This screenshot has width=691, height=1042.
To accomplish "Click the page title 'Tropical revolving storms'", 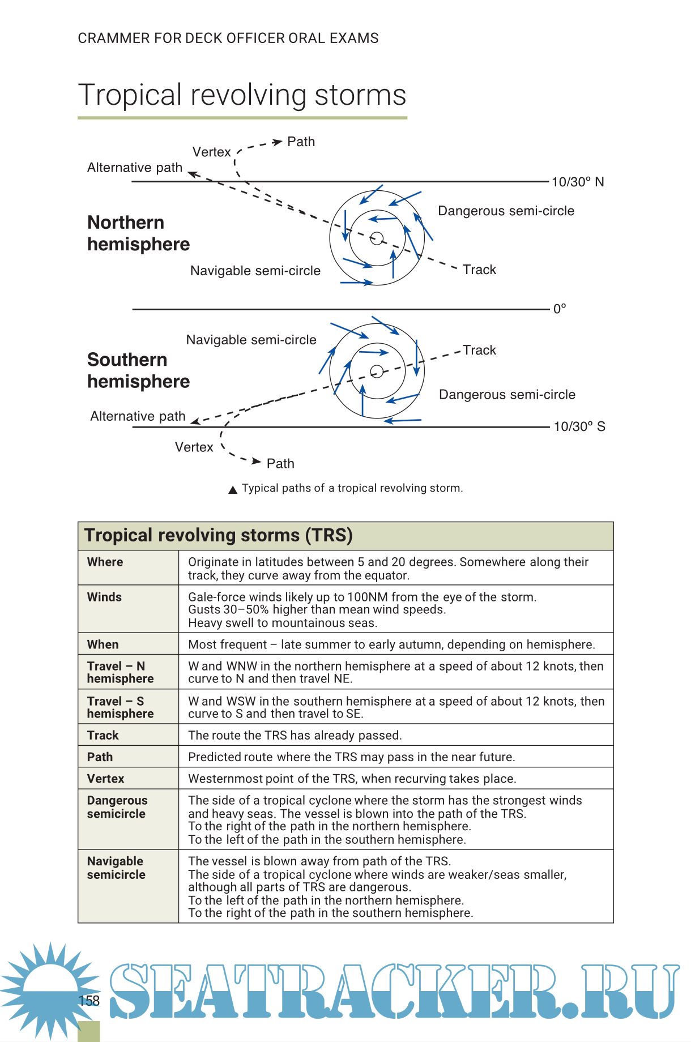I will (x=242, y=95).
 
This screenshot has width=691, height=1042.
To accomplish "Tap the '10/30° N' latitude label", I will (x=578, y=182).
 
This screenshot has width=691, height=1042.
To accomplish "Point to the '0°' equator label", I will (x=560, y=309).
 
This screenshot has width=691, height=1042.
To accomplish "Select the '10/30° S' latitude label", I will (x=579, y=426).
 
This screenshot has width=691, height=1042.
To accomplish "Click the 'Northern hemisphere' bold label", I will (x=138, y=233).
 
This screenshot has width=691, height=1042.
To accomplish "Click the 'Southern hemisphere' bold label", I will (x=138, y=370).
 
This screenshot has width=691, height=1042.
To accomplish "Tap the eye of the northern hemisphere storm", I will (x=377, y=238).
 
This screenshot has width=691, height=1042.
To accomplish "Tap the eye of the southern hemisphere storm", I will (x=377, y=371).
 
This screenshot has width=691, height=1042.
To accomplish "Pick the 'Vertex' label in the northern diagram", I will (x=212, y=152).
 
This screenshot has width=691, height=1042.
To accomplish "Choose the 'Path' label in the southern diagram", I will (x=280, y=464).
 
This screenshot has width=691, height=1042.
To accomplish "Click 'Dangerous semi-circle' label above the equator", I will (x=506, y=211).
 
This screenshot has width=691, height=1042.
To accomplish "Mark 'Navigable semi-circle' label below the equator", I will (x=251, y=340).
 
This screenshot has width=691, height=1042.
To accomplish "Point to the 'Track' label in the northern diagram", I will (x=479, y=270).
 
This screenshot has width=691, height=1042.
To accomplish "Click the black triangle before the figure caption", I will (x=233, y=490).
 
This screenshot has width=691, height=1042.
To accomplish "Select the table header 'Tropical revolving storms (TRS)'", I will (x=219, y=535).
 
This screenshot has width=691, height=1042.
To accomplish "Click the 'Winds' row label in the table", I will (x=104, y=597).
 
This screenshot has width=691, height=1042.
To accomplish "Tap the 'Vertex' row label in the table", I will (x=105, y=779).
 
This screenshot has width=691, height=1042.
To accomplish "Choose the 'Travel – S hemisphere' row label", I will (x=120, y=707).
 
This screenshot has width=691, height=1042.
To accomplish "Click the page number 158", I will (x=89, y=1001).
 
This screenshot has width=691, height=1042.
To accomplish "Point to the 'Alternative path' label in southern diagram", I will (x=138, y=416).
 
